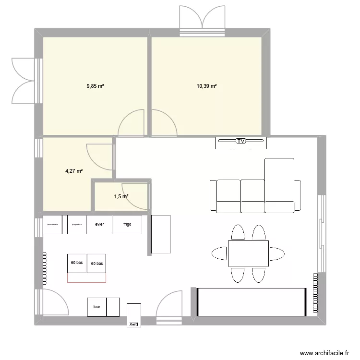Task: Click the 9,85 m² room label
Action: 95,86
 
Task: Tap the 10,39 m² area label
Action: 206,86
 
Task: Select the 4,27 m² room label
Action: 74,170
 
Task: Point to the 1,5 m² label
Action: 121,196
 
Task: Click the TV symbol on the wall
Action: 240,141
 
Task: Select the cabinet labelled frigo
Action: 127,225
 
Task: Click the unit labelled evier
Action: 99,225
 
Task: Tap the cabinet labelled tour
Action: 96,308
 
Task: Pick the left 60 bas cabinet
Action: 77,264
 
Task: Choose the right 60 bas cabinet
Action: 97,264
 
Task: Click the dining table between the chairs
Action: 248,253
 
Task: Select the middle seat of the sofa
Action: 252,196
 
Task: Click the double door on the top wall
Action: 202,19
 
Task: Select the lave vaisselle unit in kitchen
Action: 52,225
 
